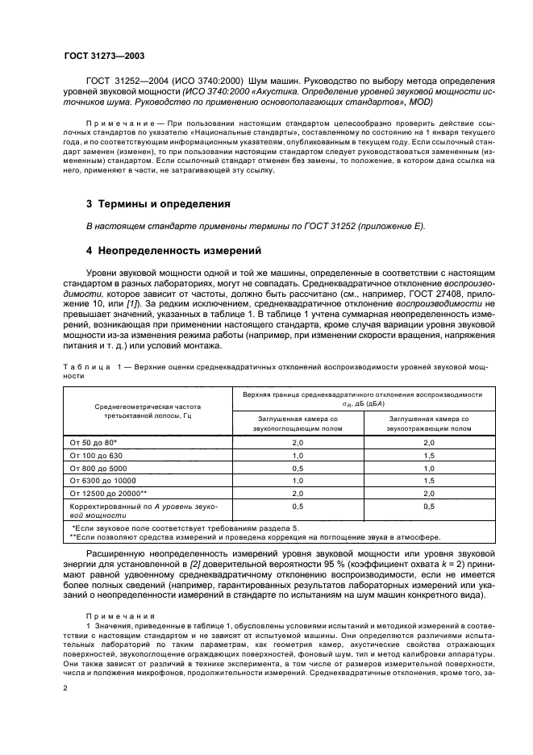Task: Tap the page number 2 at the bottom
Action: [x=66, y=688]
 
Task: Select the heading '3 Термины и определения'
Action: [x=147, y=203]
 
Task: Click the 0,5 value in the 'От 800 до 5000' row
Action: [x=297, y=468]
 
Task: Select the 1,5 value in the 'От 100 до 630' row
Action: [x=429, y=455]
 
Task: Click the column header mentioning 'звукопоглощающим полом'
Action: [x=297, y=424]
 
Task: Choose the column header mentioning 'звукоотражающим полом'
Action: [x=429, y=424]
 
